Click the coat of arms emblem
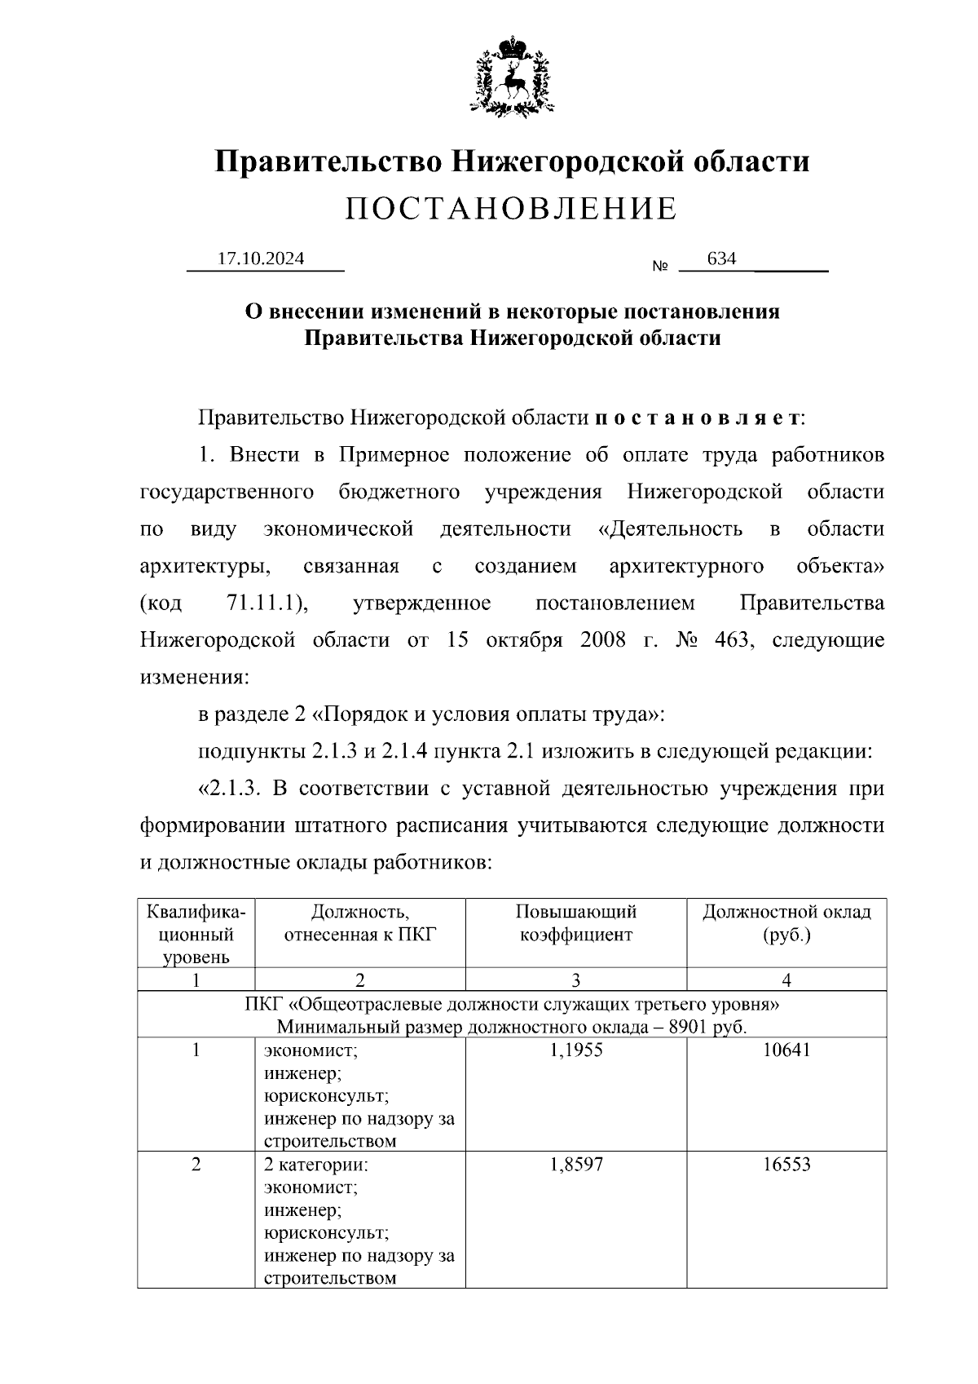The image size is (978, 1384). pos(512,74)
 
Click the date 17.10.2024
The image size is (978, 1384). pos(261,259)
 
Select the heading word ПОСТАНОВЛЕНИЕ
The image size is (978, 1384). pos(511,210)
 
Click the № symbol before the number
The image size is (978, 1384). pos(660,267)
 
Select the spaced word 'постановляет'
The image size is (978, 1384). pos(698,418)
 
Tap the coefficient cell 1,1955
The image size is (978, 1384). pos(575,1050)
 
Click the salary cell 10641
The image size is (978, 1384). pos(786,1050)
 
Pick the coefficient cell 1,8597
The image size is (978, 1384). pos(575,1165)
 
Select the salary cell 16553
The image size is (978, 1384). pos(786,1165)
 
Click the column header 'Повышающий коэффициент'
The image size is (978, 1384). pos(575,923)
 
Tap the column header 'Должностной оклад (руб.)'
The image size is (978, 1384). pos(786,923)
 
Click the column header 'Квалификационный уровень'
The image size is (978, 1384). pos(196,934)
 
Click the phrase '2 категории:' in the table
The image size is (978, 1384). pos(316,1165)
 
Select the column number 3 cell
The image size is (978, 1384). pos(575,979)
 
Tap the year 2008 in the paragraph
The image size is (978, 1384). pos(603,639)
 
